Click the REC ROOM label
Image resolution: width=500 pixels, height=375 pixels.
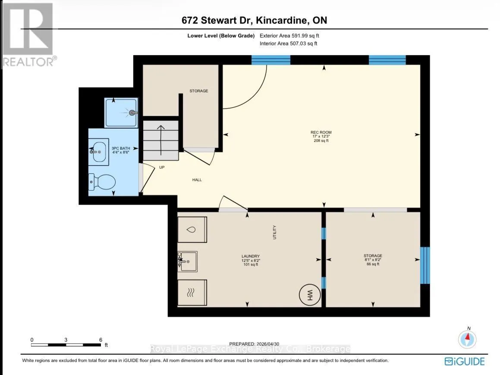click(321, 132)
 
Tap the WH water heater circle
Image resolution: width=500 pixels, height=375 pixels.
click(310, 295)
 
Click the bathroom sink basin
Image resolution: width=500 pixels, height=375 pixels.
click(98, 152)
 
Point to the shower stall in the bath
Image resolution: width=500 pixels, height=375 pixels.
click(121, 113)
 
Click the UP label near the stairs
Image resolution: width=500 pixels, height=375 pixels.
click(162, 167)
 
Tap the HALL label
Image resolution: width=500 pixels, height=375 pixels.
click(197, 180)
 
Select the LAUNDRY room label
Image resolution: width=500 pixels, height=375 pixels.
click(251, 256)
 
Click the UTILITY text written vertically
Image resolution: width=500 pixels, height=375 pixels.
click(274, 232)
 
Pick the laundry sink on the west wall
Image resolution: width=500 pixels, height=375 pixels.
click(188, 262)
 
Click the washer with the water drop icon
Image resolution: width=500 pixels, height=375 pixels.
click(192, 230)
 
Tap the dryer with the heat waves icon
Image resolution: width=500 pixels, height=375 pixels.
click(192, 293)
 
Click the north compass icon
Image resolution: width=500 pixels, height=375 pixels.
click(468, 339)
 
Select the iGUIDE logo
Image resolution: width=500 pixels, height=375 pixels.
click(465, 361)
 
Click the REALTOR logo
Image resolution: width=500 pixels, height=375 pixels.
click(29, 35)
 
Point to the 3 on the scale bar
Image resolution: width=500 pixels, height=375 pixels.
click(66, 340)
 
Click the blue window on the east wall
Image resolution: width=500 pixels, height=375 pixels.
click(425, 265)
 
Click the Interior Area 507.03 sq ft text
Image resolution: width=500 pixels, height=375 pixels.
click(288, 43)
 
